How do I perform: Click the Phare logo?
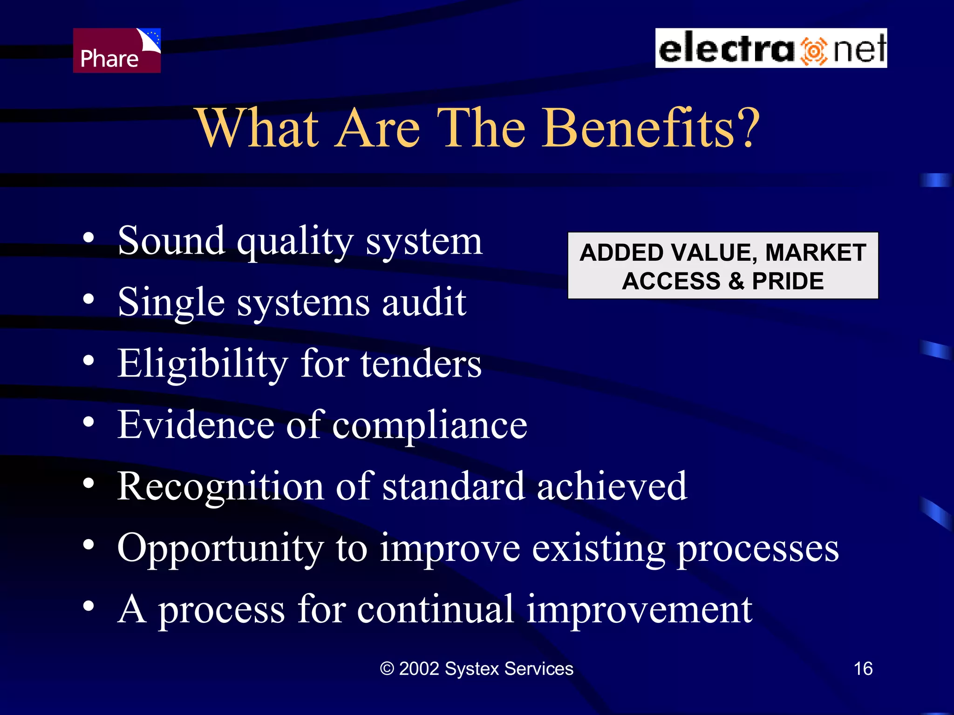[116, 50]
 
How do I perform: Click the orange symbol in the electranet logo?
[813, 50]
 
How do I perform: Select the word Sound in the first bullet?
[171, 241]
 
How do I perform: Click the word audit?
[424, 303]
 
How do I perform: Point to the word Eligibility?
[203, 364]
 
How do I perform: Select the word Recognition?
[220, 487]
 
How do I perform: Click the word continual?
[435, 610]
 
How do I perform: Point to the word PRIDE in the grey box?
[788, 281]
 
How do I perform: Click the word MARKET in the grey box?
[815, 253]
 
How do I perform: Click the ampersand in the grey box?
[736, 281]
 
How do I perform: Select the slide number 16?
[863, 669]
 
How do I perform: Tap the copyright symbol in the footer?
[387, 669]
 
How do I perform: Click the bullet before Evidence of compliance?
[89, 422]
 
